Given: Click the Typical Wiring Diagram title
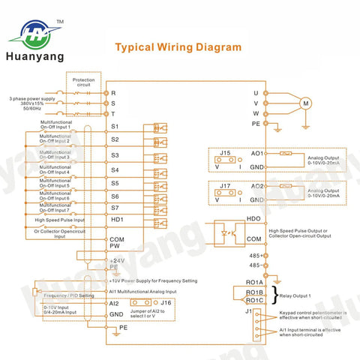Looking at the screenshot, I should click(x=178, y=46).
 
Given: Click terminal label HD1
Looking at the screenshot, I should click(x=116, y=219).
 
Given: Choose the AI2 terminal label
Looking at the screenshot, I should click(x=115, y=303).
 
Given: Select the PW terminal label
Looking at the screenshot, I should click(x=115, y=244).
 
